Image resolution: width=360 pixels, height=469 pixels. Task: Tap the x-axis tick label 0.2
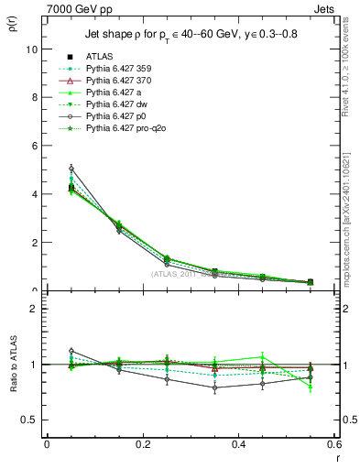click(x=142, y=443)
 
